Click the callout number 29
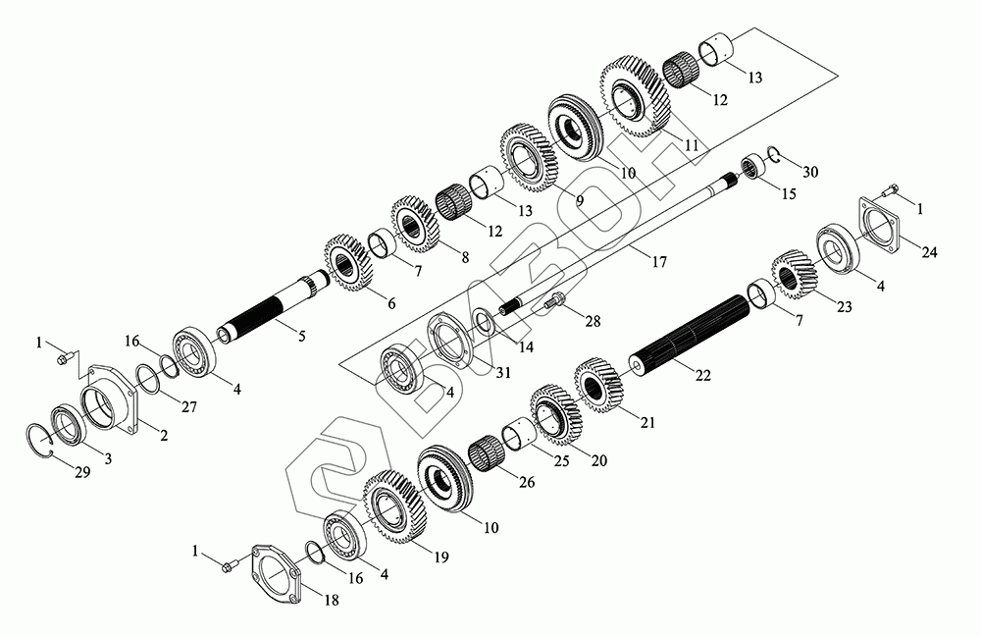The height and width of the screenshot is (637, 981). pos(83,472)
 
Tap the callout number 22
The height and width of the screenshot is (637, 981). pos(703,375)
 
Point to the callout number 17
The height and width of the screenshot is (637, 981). pos(659,261)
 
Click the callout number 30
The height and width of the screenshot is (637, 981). pos(810,172)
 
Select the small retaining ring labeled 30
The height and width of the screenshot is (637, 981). pos(773,154)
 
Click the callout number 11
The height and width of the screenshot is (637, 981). pos(692,144)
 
